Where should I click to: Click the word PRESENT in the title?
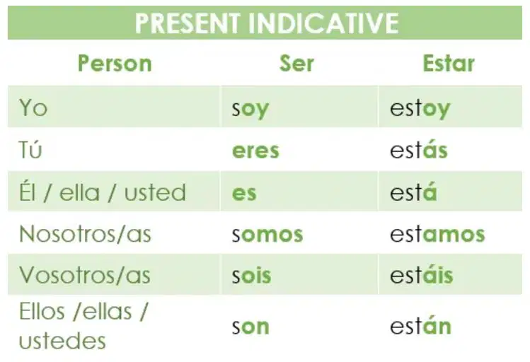coord(188,23)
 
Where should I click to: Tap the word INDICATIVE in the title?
coord(323,23)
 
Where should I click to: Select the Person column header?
coord(115,63)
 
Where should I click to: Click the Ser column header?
coord(296,63)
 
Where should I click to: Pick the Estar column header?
coord(449,63)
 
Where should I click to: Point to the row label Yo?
coord(33,107)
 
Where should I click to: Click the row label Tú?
coord(30,149)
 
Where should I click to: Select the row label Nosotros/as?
coord(85,234)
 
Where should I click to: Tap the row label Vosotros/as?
coord(84,275)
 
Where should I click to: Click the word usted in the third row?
coord(155,192)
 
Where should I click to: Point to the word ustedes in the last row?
coord(62,340)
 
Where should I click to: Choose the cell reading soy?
coord(250,109)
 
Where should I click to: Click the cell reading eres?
coord(255,151)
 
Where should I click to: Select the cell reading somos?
coord(267,234)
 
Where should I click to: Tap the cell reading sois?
coord(251,275)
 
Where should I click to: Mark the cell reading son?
coord(250,327)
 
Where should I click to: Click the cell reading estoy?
coord(420,109)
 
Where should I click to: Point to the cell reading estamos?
coord(437,234)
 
